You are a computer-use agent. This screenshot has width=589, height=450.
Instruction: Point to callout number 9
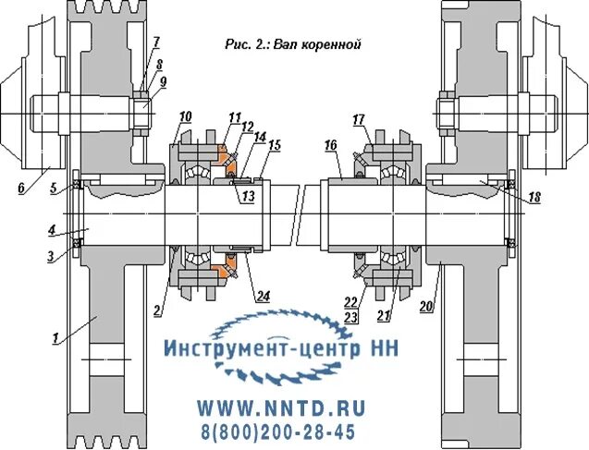(x=163, y=81)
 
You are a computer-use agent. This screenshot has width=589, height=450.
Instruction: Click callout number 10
(x=185, y=116)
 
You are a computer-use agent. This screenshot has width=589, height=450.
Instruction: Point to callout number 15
(x=275, y=145)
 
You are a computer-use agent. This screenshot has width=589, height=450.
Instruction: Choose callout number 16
(x=330, y=145)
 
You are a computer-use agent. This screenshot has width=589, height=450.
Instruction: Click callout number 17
(x=359, y=118)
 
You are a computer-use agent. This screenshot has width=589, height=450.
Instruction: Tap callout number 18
(x=534, y=197)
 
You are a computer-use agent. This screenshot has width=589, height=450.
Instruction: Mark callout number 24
(x=262, y=297)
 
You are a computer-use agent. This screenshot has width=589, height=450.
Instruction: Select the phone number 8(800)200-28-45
(x=277, y=431)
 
